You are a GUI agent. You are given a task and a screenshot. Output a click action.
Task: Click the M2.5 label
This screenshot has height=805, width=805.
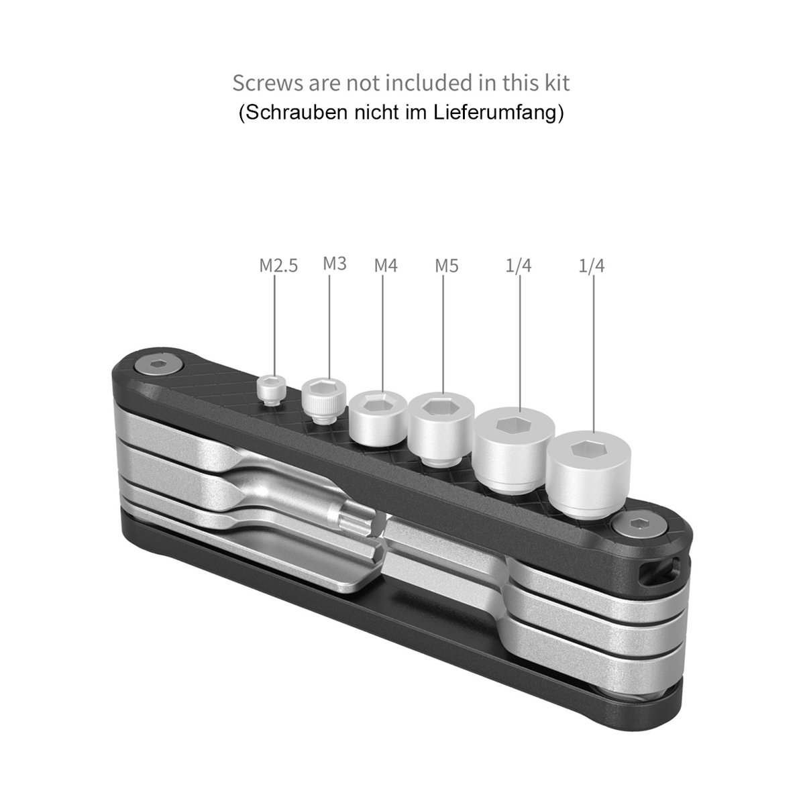(x=278, y=266)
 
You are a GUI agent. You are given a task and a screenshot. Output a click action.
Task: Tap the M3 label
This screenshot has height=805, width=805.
(x=335, y=264)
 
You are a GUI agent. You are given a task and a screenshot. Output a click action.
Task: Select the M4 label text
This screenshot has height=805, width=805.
(x=386, y=265)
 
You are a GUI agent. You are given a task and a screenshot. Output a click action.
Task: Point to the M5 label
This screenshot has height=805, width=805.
(x=447, y=266)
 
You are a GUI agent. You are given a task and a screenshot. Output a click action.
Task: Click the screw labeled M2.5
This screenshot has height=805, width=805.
(x=272, y=389)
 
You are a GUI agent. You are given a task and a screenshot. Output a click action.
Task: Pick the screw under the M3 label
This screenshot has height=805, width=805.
(x=324, y=400)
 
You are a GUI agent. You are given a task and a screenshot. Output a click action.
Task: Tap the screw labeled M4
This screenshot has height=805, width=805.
(x=378, y=417)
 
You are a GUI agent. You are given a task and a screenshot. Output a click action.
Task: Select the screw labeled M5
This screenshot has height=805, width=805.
(x=441, y=428)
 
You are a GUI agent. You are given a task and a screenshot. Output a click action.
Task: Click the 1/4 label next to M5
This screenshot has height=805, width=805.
(x=518, y=266)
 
